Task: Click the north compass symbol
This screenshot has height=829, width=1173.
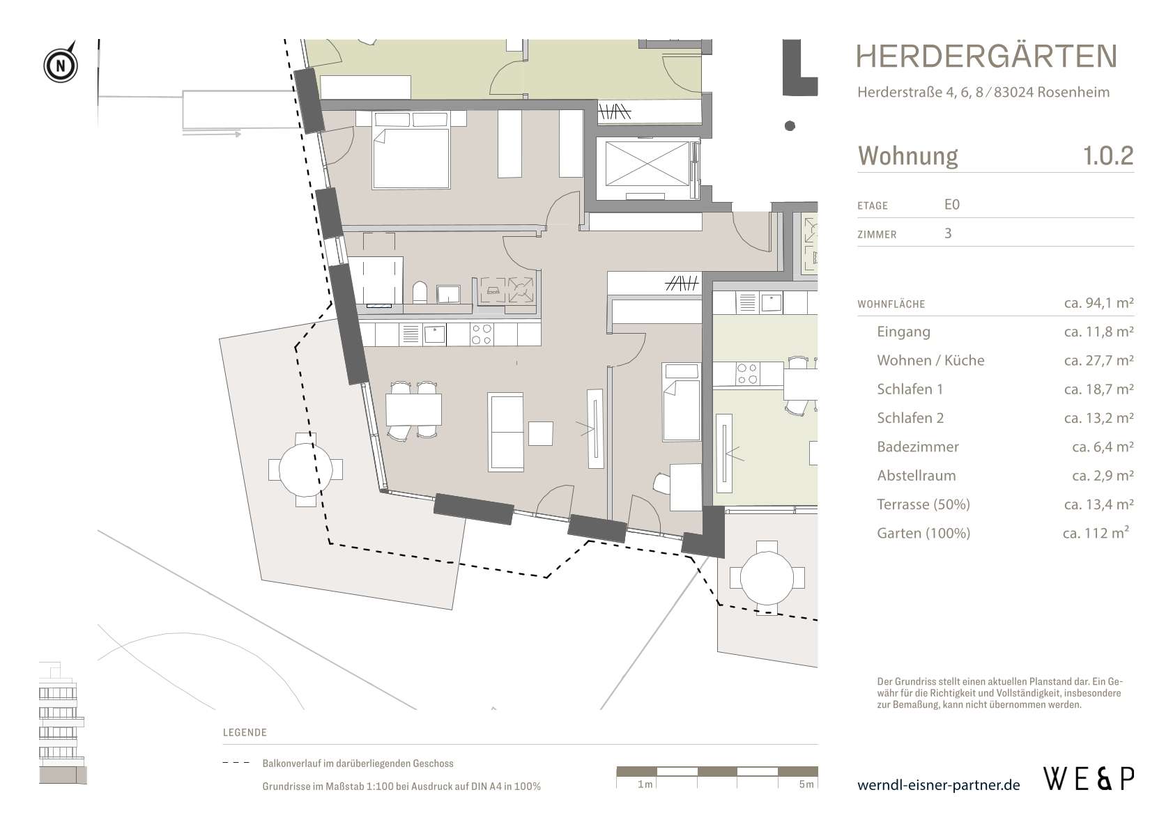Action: pyautogui.click(x=61, y=66)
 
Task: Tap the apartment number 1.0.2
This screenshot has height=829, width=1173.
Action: pyautogui.click(x=1107, y=155)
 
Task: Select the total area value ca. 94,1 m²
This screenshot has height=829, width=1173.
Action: pyautogui.click(x=1098, y=303)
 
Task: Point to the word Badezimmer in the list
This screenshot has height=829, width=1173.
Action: pyautogui.click(x=917, y=447)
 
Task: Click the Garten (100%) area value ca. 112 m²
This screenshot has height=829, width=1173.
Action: pyautogui.click(x=1096, y=533)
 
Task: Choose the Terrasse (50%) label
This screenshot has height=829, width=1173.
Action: pyautogui.click(x=923, y=504)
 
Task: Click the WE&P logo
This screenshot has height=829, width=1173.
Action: pyautogui.click(x=1088, y=778)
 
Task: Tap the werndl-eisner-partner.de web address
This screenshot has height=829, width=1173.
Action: pyautogui.click(x=938, y=785)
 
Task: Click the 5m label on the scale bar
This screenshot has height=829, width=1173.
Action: pyautogui.click(x=806, y=784)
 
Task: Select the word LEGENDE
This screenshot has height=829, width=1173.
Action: pyautogui.click(x=245, y=732)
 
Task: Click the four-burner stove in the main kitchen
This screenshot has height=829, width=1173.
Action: pyautogui.click(x=482, y=335)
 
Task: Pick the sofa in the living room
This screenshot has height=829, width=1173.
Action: pyautogui.click(x=506, y=431)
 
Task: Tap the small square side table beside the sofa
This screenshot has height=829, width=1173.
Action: pyautogui.click(x=540, y=433)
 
